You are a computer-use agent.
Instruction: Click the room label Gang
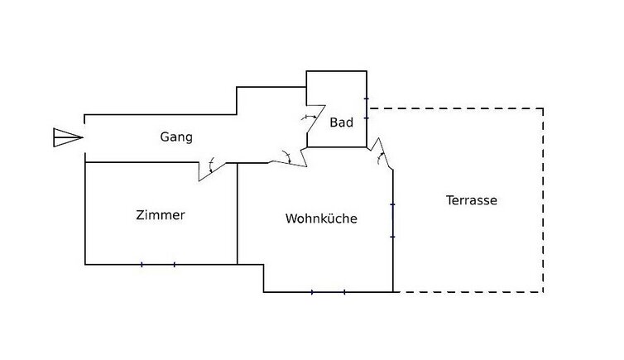[176, 137]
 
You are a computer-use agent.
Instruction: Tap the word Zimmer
[161, 215]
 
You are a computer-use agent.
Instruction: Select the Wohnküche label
[321, 219]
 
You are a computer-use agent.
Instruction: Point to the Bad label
[342, 122]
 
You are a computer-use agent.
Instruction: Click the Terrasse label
[471, 200]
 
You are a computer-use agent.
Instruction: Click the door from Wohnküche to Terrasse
[382, 157]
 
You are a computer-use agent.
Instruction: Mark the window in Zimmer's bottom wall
[158, 265]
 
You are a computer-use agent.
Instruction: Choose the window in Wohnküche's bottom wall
[328, 292]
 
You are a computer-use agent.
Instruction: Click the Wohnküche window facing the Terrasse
[393, 220]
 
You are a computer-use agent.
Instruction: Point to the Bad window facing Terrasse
[367, 108]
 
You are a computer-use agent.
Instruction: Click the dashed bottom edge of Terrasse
[468, 292]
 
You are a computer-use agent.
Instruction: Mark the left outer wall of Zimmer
[85, 214]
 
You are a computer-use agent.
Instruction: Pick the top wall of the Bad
[337, 72]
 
